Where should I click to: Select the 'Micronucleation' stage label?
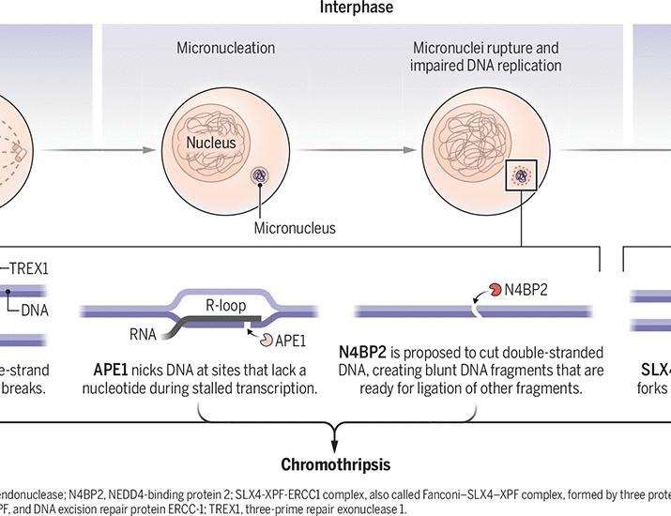pos(226,47)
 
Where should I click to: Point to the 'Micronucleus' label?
pos(295,227)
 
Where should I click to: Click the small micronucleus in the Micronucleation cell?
pos(259,175)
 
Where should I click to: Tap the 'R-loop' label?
pos(225,305)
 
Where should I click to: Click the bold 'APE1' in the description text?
pos(112,371)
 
